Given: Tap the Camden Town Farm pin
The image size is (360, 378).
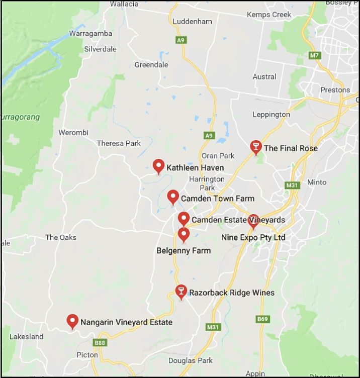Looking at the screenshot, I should (173, 197).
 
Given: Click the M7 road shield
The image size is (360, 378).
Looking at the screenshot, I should (315, 55).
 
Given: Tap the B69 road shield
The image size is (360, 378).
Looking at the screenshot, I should (262, 319).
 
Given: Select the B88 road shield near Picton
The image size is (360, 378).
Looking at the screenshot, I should (100, 342).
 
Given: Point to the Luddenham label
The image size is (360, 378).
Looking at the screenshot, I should (192, 22).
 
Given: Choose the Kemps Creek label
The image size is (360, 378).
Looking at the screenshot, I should (269, 15).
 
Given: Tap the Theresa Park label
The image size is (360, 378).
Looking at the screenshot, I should (119, 143).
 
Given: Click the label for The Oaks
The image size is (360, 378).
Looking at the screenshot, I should (61, 237).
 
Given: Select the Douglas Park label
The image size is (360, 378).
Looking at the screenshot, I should (191, 360).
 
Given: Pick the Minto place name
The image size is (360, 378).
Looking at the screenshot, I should (316, 182).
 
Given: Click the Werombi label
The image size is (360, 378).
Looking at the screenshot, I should (73, 132).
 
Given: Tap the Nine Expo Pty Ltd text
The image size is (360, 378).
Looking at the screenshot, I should (253, 237).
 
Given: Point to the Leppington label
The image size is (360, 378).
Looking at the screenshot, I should (271, 114).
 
